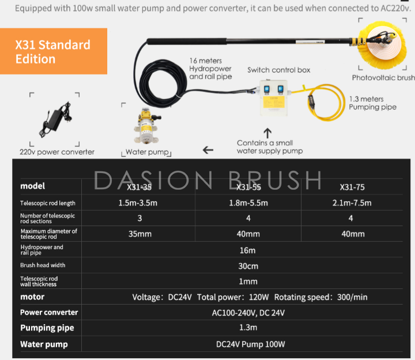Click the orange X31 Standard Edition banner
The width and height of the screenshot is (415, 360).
click(x=54, y=51)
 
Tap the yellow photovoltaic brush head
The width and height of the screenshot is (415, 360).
click(x=383, y=44)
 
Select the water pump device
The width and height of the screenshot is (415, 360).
click(x=147, y=126)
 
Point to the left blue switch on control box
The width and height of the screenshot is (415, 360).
click(x=267, y=90)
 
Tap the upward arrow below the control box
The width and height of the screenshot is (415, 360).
click(x=267, y=133)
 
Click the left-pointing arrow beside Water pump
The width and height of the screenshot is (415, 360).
click(x=208, y=150)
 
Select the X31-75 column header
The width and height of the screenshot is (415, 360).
click(x=352, y=187)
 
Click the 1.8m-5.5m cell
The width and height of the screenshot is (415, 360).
click(x=248, y=203)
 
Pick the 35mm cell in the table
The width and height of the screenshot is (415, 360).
click(x=139, y=234)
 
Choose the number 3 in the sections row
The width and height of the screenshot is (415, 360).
click(x=139, y=218)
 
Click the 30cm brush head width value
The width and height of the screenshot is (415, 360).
click(x=248, y=266)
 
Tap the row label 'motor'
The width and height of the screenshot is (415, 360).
click(x=32, y=297)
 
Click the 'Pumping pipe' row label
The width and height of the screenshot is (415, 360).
click(x=47, y=328)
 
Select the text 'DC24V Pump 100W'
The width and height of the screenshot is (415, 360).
click(x=250, y=344)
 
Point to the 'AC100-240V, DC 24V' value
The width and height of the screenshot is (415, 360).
click(x=248, y=313)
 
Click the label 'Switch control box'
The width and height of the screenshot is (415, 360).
click(x=279, y=70)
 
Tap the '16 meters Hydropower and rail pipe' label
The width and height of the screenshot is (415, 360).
click(x=210, y=69)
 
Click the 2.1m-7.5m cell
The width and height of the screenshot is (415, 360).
click(x=352, y=203)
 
